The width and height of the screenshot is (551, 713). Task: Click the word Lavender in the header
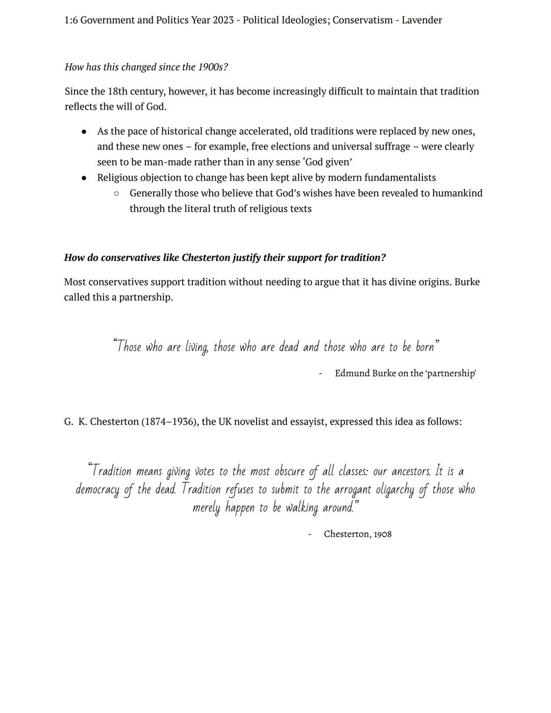pos(421,20)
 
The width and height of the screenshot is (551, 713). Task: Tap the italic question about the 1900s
pos(146,67)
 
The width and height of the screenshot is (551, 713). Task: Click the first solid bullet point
pos(84,132)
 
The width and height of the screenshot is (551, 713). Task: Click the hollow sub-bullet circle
pos(116,193)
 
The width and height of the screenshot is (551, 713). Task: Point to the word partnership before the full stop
pos(145,298)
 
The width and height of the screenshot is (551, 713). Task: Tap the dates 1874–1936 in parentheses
pos(170,422)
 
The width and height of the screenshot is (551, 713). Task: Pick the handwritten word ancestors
pos(411,472)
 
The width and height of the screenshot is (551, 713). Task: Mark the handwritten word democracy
pos(97,490)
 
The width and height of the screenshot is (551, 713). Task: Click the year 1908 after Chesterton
pos(383,534)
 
